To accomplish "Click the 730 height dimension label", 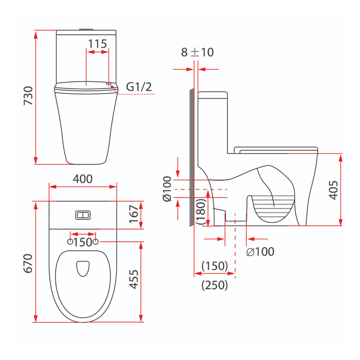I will pos(28,96).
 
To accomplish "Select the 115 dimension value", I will pos(97,44).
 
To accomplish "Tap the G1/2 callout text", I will pos(139,87).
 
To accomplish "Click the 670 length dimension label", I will pos(28,263).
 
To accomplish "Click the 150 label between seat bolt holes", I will pos(83,242).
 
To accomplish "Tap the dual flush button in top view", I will pos(83,215).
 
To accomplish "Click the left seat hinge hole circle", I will pos(70,242).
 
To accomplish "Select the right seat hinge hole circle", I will pos(96,242).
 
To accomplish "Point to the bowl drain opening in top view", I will pos(83,268).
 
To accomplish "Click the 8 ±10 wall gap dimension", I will pos(197,52).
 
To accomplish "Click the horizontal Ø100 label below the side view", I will pos(260,252).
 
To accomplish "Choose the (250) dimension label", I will pos(215,285).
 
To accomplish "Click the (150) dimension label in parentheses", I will pos(215,266).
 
